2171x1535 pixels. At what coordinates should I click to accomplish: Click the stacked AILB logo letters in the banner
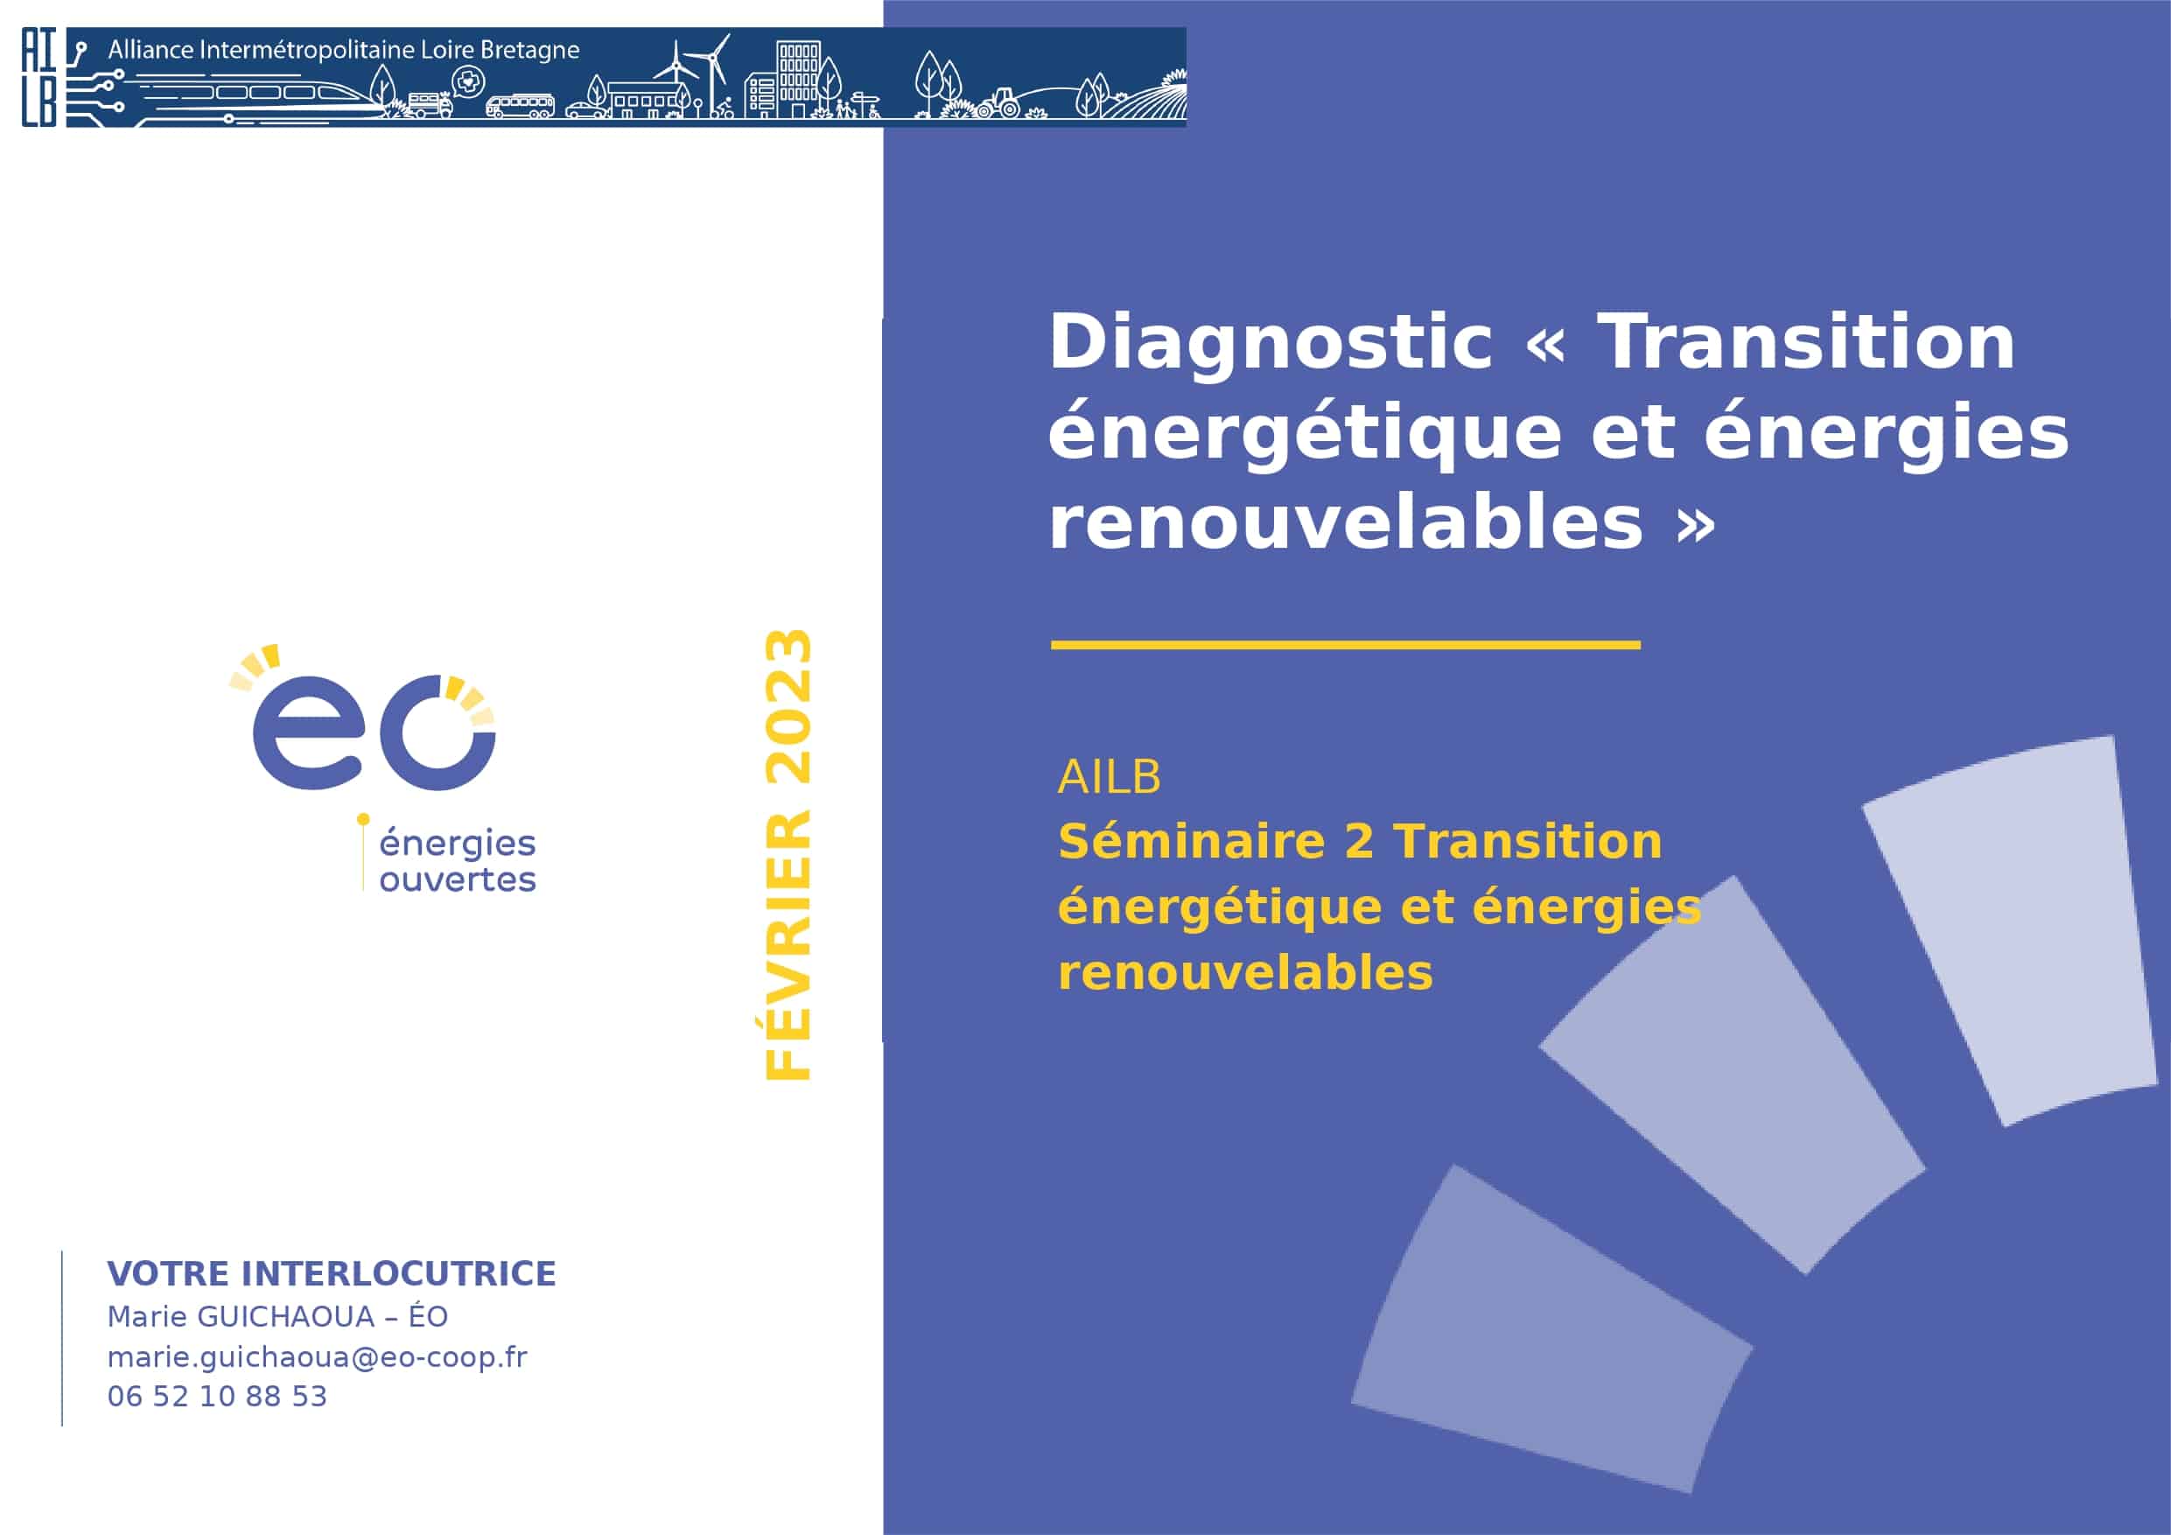coord(39,78)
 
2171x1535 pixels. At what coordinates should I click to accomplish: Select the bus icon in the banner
coord(520,105)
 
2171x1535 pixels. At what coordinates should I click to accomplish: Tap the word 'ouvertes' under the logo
coord(458,880)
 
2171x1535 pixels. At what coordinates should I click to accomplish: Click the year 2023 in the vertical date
coord(788,706)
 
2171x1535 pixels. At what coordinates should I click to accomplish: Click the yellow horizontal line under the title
coord(1346,645)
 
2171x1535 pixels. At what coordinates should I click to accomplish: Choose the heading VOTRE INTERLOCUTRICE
coord(331,1274)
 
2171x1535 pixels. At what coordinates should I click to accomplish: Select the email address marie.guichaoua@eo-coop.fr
coord(317,1357)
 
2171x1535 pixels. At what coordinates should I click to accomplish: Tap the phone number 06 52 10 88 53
coord(216,1397)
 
